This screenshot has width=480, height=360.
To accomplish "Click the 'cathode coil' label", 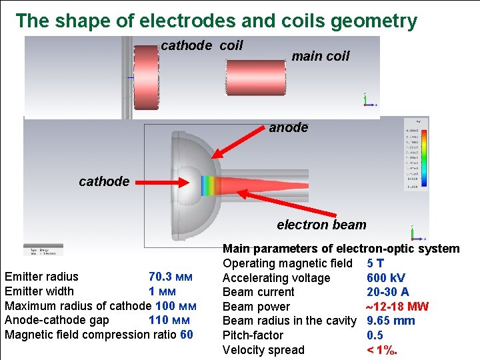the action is (x=202, y=46).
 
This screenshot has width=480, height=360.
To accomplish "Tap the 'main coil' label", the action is (x=320, y=56).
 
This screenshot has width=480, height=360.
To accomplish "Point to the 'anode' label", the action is (x=289, y=127).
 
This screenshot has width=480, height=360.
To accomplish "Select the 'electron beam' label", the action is (x=321, y=225).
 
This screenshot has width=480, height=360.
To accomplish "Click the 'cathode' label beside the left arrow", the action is (x=104, y=181).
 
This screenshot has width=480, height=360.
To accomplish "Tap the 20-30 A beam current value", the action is (x=388, y=292).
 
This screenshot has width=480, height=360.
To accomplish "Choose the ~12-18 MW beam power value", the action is (x=397, y=307).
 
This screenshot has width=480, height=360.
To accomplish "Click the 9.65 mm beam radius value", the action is (x=391, y=321).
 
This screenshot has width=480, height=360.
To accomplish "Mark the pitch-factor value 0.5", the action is (x=376, y=335).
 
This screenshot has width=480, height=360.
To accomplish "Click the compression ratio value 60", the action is (x=187, y=334).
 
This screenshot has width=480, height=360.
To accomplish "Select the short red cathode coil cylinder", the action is (x=147, y=77).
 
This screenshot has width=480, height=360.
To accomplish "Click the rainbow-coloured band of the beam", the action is (x=209, y=185).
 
